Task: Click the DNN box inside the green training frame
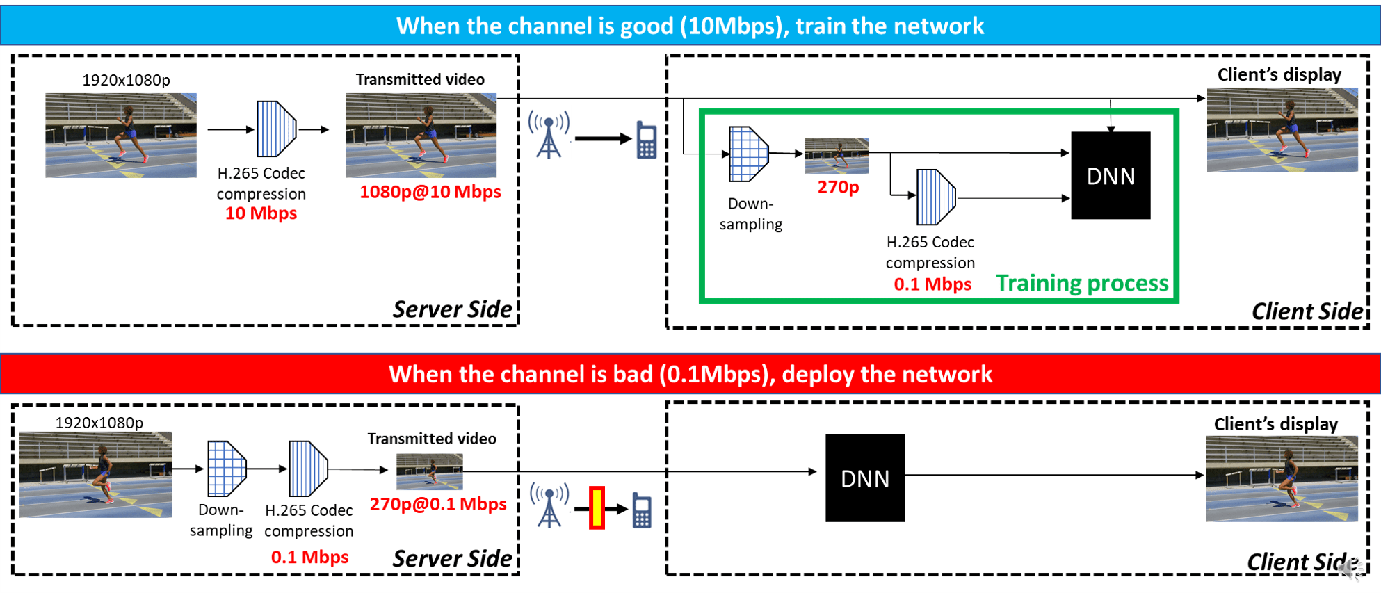[1111, 176]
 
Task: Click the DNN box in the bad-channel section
[864, 478]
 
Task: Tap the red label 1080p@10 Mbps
[430, 192]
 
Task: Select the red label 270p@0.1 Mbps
[438, 504]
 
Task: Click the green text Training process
[1082, 284]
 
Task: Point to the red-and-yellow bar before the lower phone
[597, 508]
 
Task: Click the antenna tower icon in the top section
[549, 135]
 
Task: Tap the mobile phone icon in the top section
[647, 140]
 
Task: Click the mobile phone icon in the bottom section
[642, 511]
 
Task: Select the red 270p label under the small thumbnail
[838, 187]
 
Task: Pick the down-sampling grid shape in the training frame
[748, 154]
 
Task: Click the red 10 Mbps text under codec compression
[261, 213]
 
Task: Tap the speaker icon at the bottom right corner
[1349, 570]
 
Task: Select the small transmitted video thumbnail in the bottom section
[429, 471]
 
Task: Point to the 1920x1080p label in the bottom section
[99, 423]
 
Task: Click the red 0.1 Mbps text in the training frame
[932, 284]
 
